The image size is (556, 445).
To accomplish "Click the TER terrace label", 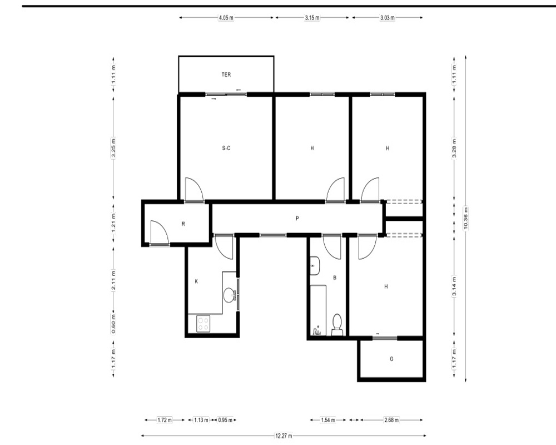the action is click(226, 75).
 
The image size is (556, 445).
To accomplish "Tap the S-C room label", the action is click(226, 148).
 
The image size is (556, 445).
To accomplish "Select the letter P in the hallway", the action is click(297, 218).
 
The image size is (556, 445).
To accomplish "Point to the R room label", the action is click(183, 224).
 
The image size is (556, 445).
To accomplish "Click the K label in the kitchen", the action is click(196, 281).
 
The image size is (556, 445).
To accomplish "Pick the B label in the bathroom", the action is click(335, 278).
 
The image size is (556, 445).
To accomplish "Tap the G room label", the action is click(391, 359).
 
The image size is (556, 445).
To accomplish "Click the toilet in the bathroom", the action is click(337, 324).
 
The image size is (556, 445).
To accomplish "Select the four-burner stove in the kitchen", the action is click(203, 323).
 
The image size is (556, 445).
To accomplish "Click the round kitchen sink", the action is click(229, 295).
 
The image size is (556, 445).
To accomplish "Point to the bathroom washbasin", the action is click(315, 265).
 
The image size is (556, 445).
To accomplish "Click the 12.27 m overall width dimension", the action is click(284, 436).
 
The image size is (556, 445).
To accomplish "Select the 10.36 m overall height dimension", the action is click(465, 218).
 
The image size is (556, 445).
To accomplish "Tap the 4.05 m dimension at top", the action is click(226, 17).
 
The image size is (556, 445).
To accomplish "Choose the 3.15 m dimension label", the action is click(312, 17).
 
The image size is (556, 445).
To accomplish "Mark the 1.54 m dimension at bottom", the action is click(328, 420).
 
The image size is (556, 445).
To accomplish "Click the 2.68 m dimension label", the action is click(391, 420).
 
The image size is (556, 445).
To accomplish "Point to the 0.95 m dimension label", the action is click(225, 420).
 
